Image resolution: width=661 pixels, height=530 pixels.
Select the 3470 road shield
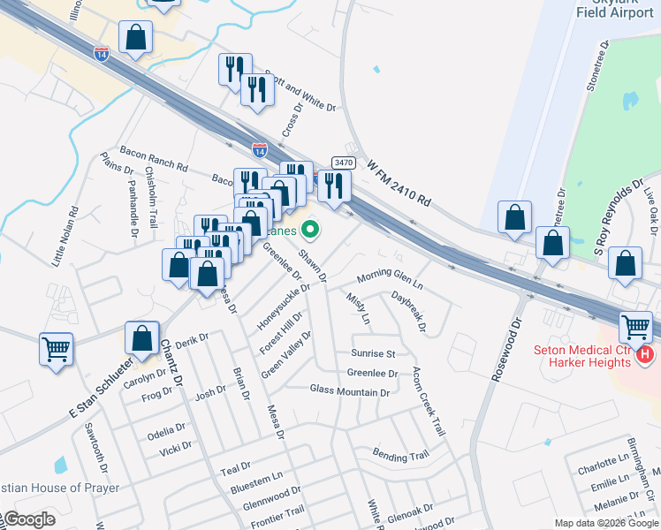pos(344,162)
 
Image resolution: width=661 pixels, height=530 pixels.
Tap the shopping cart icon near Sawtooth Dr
pos(56,348)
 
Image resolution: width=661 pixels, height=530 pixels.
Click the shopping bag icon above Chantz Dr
pos(141,337)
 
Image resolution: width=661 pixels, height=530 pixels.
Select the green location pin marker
pos(309,231)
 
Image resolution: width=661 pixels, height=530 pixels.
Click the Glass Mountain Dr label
pos(349,390)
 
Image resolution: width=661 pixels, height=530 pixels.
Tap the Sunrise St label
pos(372,353)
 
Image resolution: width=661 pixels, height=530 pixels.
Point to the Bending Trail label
pos(400,456)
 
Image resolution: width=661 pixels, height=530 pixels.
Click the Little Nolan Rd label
pos(65,237)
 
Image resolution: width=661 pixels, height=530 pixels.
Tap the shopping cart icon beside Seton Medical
pos(636,327)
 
